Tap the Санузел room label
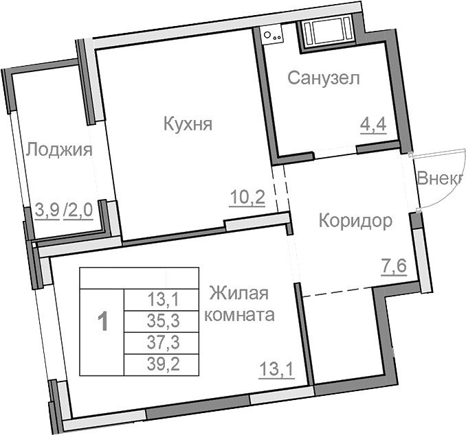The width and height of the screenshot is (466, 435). click(323, 78)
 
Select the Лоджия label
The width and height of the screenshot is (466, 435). click(58, 150)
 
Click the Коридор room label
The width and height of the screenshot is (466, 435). click(355, 221)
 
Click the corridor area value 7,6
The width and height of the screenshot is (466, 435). click(394, 264)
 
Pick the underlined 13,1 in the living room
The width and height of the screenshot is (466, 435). click(276, 371)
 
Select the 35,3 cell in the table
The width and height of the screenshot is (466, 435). click(162, 320)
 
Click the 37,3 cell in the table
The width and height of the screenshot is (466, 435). click(162, 342)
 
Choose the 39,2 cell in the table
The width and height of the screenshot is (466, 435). click(162, 364)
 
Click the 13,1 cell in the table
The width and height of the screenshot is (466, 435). click(162, 298)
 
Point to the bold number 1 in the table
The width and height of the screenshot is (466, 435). click(102, 321)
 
